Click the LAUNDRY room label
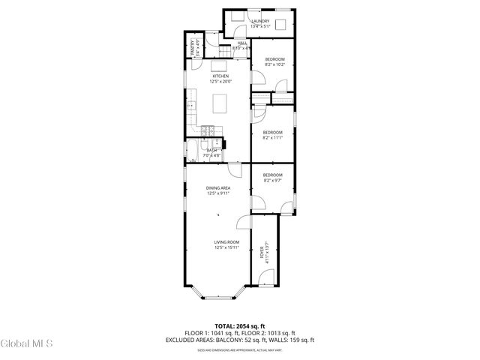coord(260,21)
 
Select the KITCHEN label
coord(220,76)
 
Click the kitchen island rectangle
coord(220,103)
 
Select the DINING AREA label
coord(219,187)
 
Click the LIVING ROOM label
coord(226,241)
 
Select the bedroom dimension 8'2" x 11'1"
coord(272,137)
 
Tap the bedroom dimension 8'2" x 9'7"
coord(272,180)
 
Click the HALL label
coord(242,43)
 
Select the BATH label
coord(212,150)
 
